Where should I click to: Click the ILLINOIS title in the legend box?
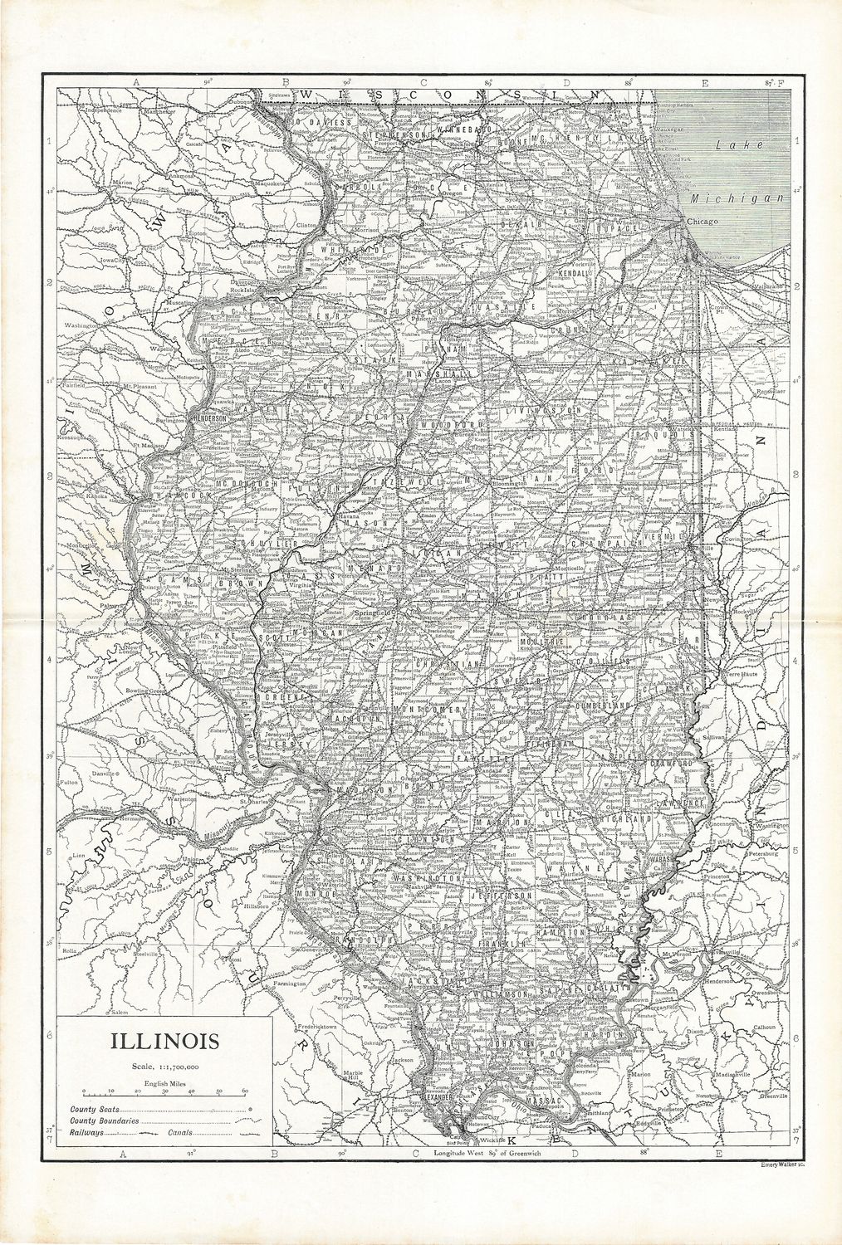[161, 1039]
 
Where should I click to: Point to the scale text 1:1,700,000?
[162, 1065]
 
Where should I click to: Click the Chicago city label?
[701, 222]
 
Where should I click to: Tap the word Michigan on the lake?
[738, 198]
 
